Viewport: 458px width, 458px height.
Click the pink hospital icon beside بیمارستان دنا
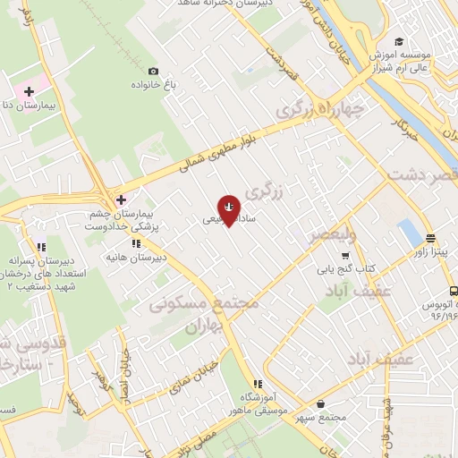(x=29, y=91)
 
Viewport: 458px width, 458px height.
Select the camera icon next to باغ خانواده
(x=154, y=72)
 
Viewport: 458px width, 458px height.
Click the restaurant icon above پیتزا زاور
(x=431, y=239)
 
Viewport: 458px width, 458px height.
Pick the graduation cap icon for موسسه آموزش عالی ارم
(x=398, y=42)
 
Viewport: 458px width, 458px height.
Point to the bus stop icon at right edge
(x=453, y=291)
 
